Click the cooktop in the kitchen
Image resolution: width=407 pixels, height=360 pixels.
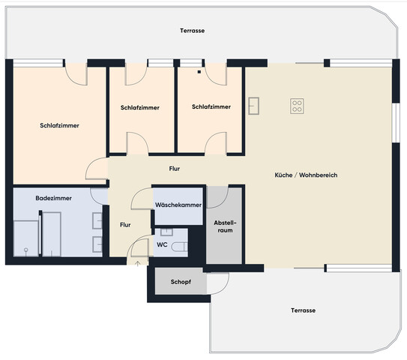click(297, 106)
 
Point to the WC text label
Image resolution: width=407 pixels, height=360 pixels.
click(161, 244)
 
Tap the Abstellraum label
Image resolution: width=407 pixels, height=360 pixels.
click(225, 226)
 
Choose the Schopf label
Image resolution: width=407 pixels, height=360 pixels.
click(179, 283)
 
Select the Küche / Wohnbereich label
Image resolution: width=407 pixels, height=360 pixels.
click(306, 175)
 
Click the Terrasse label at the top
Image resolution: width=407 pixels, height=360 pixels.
click(192, 31)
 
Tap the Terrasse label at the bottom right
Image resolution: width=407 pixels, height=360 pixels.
click(304, 310)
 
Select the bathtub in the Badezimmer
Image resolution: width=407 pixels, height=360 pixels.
click(52, 233)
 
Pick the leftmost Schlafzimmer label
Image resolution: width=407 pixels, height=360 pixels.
click(59, 125)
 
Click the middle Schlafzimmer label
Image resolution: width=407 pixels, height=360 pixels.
click(139, 107)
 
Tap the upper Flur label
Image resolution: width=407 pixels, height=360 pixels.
click(174, 169)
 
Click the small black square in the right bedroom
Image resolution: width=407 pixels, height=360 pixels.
click(199, 73)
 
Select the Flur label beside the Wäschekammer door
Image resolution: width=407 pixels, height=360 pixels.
click(126, 223)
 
